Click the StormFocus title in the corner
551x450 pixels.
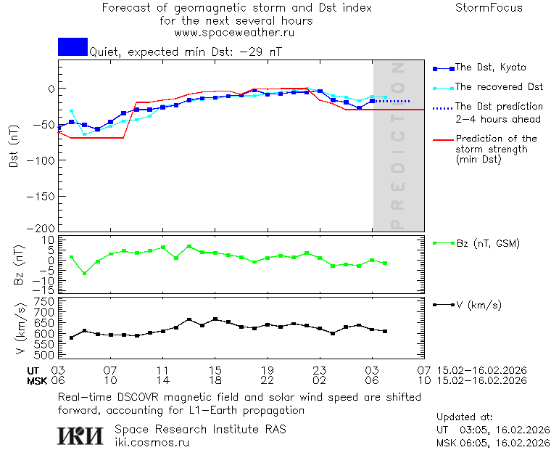point(489,8)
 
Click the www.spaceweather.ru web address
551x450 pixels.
point(234,33)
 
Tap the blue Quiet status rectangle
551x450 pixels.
point(72,46)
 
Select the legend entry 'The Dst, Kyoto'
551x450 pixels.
point(490,67)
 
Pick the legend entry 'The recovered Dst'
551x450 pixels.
point(499,86)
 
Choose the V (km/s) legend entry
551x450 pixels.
point(478,305)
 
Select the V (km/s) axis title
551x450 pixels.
point(20,330)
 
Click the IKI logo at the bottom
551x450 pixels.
point(82,435)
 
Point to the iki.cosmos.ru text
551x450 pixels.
point(152,442)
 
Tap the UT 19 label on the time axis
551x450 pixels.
point(267,369)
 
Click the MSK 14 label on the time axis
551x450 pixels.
point(162,380)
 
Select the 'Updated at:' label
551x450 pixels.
point(464,417)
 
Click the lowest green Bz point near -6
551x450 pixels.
point(84,274)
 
